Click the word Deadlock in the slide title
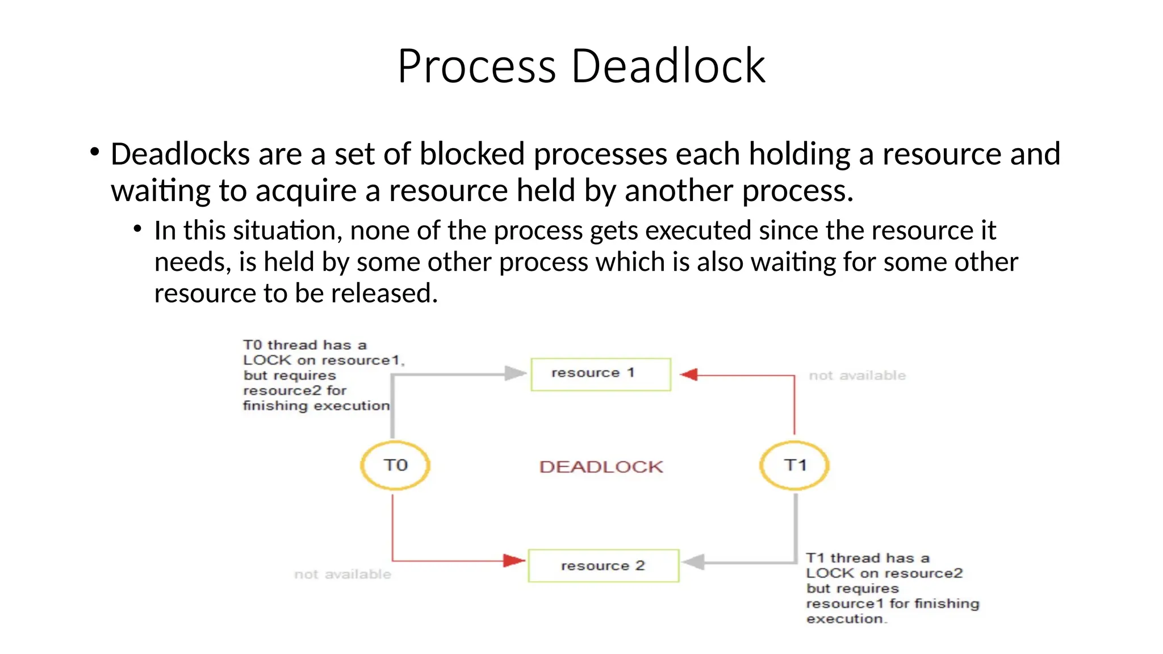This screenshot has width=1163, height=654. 668,66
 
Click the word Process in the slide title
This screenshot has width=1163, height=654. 476,66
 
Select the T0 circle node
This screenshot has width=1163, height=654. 395,466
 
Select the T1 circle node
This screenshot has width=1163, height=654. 794,466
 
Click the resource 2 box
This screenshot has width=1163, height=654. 603,565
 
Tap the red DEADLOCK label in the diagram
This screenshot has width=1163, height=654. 601,467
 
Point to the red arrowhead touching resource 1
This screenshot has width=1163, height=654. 689,375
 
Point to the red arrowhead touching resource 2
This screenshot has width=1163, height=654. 514,561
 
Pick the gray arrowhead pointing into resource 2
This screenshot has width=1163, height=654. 693,562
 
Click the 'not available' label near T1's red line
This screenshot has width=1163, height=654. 857,376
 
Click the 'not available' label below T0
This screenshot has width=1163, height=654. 342,575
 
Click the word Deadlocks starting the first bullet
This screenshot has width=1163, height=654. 180,154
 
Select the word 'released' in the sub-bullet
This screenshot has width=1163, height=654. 384,294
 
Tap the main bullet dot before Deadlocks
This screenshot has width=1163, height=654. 94,152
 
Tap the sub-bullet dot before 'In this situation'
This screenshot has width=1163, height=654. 137,229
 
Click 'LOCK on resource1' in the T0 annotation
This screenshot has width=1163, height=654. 323,360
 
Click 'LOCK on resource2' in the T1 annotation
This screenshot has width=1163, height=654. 884,573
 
